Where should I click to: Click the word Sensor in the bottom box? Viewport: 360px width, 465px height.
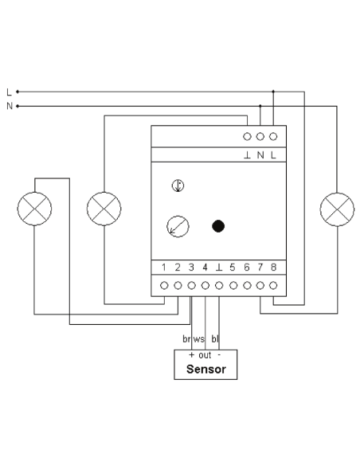[x=205, y=369]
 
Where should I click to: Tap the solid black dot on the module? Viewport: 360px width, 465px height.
[x=218, y=226]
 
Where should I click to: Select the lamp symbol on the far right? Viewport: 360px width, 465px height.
[x=337, y=209]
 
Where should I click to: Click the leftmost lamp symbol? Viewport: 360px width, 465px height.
[x=34, y=209]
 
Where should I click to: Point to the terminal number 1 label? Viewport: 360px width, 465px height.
[x=164, y=268]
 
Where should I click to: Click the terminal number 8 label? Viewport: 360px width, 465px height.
[x=273, y=268]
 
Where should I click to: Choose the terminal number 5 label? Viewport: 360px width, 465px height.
[x=233, y=268]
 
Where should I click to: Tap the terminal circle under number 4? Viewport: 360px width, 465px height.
[x=205, y=286]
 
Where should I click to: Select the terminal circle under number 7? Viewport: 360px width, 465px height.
[x=260, y=286]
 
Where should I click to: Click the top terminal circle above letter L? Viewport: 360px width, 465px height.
[x=273, y=136]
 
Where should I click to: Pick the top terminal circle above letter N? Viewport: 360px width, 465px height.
[x=260, y=136]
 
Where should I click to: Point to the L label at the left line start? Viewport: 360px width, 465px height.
[x=9, y=92]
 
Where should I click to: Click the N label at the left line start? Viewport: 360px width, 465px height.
[x=10, y=106]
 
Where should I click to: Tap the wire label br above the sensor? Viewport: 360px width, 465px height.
[x=186, y=338]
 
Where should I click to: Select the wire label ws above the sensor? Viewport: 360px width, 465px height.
[x=198, y=339]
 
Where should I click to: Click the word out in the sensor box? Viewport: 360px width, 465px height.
[x=205, y=354]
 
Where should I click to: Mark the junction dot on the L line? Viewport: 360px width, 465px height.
[x=273, y=92]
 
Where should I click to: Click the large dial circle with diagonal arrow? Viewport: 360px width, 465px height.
[x=178, y=227]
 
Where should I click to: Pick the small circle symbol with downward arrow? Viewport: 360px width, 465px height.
[x=178, y=186]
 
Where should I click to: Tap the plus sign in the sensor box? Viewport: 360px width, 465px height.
[x=191, y=354]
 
